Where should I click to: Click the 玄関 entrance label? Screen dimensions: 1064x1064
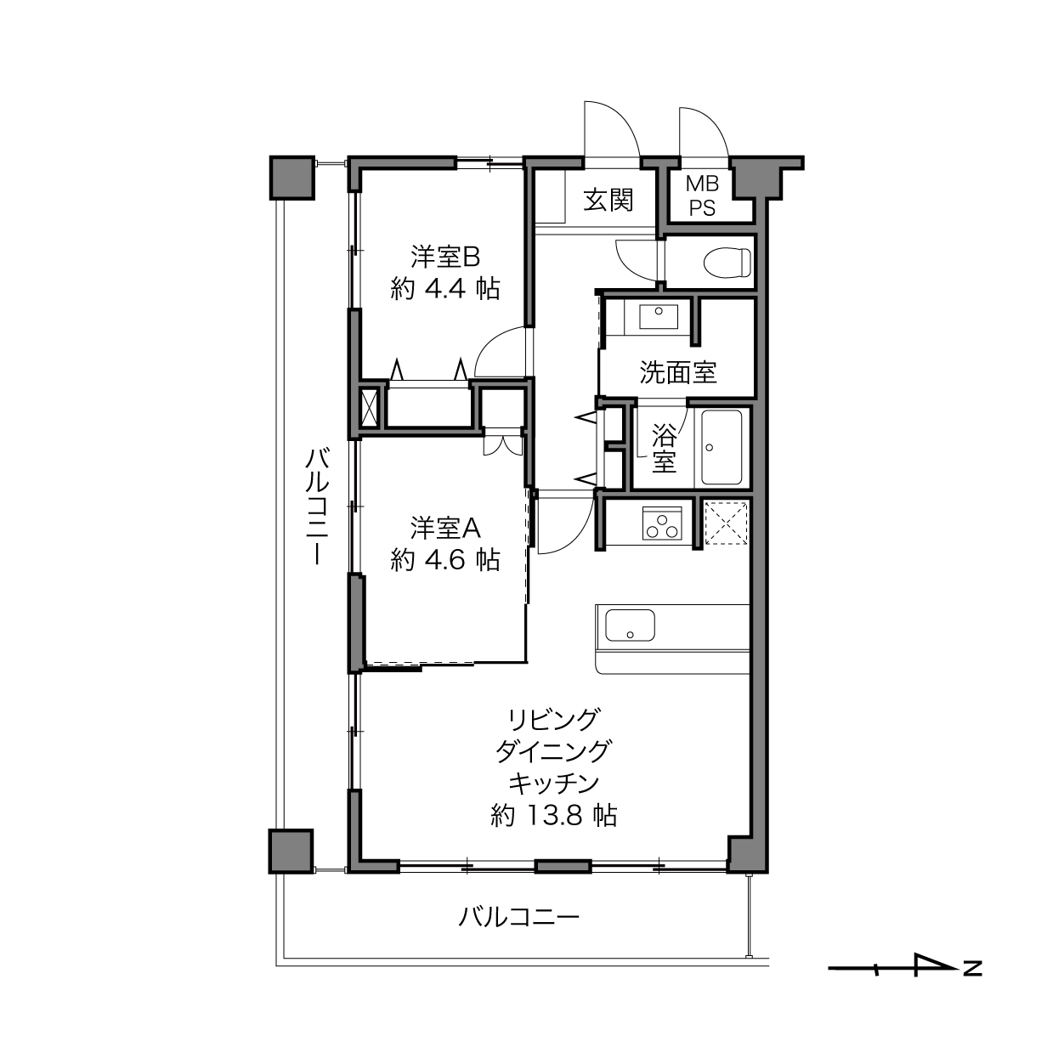608,200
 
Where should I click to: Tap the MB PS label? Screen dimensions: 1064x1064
702,195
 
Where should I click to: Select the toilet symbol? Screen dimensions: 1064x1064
727,262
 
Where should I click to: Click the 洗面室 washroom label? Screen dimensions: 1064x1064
678,373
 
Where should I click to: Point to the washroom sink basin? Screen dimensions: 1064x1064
659,317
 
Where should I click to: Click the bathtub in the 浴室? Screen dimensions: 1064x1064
722,447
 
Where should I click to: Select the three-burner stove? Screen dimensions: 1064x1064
663,523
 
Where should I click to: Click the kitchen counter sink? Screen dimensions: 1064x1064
630,625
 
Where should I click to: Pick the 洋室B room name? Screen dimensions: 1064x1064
445,257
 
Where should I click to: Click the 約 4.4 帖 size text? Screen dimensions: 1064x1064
445,289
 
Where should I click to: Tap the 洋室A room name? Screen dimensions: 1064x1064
445,528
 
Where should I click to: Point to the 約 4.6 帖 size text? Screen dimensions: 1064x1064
445,560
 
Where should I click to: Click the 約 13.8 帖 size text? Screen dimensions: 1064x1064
554,815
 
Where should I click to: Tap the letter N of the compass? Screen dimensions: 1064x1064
972,984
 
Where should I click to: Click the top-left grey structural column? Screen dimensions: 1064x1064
291,178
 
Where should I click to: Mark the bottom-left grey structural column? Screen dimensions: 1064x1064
291,851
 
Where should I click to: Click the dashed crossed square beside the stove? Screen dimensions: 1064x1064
726,523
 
